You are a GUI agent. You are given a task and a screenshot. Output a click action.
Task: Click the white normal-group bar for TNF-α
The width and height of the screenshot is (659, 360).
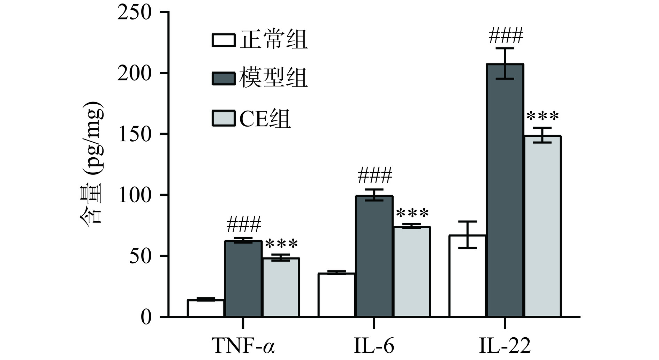206,308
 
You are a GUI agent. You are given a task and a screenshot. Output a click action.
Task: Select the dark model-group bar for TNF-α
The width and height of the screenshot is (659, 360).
243,279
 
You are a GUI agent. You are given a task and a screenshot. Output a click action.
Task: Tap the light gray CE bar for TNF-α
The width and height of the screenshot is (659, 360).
281,287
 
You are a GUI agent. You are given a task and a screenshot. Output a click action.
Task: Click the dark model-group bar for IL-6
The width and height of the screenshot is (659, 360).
374,256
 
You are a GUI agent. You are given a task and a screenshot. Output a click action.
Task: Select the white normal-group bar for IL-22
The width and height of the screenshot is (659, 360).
467,276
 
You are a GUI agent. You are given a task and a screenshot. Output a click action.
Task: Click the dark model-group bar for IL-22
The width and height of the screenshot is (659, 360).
505,190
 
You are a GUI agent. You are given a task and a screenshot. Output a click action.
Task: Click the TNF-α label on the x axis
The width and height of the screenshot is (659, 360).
243,346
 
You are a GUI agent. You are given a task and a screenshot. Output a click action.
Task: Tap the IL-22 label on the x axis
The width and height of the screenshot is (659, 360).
505,346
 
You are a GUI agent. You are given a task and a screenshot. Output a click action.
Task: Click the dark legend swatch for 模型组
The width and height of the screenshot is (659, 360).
223,78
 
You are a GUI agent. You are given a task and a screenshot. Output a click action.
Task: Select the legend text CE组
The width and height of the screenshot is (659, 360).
265,119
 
